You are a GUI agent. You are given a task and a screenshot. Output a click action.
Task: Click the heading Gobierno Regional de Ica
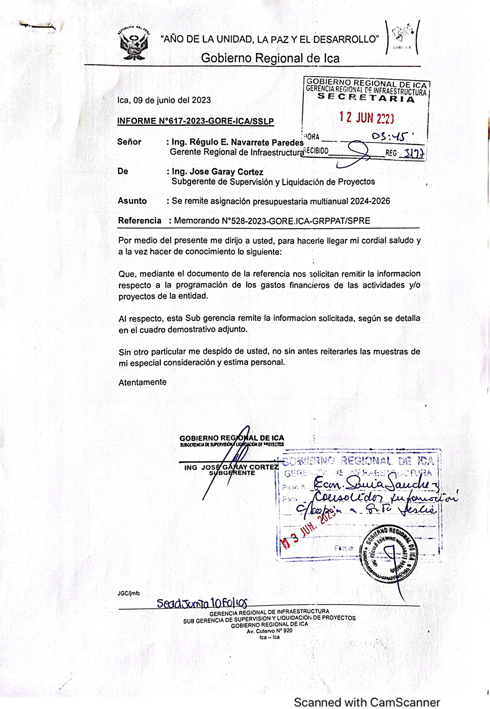pos(270,58)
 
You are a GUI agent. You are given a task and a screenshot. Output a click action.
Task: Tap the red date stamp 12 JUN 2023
pos(367,118)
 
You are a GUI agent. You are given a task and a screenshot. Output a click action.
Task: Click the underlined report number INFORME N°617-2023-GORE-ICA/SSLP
pos(195,121)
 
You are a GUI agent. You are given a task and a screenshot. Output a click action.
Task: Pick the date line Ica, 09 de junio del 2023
pos(164,100)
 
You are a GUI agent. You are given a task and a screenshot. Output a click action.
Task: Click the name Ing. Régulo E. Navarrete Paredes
pos(237,142)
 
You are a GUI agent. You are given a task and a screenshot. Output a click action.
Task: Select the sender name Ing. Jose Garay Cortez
pos(217,172)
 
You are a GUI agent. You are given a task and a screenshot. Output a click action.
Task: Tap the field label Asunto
pos(132,201)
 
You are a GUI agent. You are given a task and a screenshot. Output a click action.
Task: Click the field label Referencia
pos(140,221)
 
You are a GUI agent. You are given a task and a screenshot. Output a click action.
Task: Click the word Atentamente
pos(143,382)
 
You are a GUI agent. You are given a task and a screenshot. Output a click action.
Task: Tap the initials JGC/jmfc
pos(129,593)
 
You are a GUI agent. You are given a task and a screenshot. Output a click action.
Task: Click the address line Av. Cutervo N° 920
pos(270,631)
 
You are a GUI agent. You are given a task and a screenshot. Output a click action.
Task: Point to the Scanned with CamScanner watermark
pos(367,702)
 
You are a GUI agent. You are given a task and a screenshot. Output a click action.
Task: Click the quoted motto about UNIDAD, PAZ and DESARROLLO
pos(270,39)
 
